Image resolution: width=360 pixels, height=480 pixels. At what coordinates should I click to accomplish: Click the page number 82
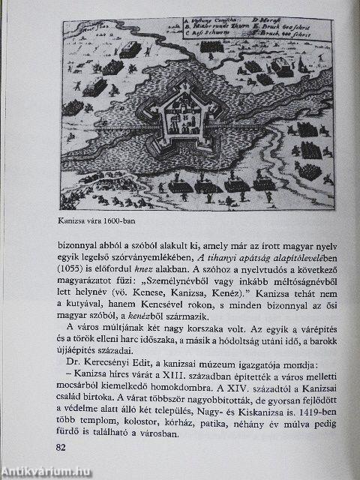62,447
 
